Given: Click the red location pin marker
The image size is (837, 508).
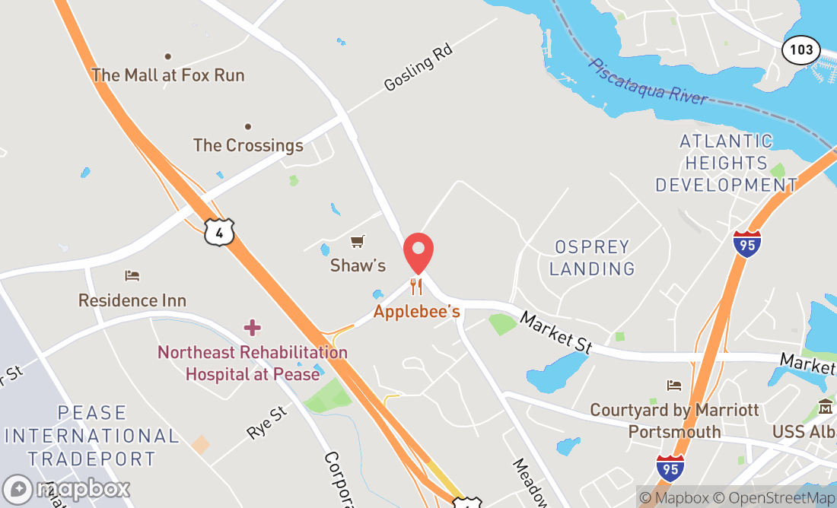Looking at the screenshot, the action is [x=418, y=252].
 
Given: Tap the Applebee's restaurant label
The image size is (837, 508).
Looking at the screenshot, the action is [x=417, y=312].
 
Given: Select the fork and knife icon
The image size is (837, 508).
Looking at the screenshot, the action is [x=416, y=287].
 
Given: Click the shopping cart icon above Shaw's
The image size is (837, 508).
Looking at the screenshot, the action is [x=357, y=242].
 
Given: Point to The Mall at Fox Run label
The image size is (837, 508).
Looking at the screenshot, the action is [x=168, y=75].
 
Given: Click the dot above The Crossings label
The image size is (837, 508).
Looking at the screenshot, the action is [x=248, y=126].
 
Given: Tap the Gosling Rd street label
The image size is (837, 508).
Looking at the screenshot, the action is [x=418, y=68].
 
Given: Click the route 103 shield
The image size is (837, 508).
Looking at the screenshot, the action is [x=801, y=51].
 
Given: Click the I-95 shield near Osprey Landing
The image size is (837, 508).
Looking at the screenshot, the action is [x=747, y=244].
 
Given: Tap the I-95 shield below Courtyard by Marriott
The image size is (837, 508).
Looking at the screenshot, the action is [x=670, y=465].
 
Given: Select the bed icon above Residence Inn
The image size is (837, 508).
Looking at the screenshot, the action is [x=132, y=275].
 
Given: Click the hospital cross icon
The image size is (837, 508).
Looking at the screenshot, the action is [x=252, y=328].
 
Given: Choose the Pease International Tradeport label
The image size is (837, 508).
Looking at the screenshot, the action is [x=91, y=436].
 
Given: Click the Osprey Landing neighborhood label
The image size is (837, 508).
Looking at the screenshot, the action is [x=592, y=258].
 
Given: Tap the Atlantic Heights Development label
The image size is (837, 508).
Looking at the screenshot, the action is [x=726, y=163].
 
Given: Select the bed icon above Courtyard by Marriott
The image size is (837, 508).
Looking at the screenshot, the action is [x=673, y=386].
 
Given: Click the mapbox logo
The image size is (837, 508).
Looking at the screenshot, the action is [x=67, y=488].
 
